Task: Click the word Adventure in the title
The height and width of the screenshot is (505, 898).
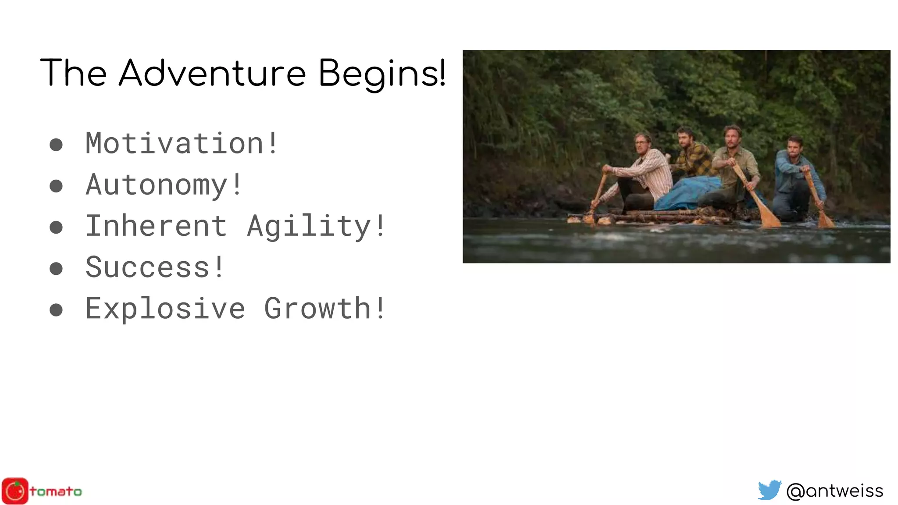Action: [212, 73]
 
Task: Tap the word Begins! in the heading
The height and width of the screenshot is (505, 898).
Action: [381, 73]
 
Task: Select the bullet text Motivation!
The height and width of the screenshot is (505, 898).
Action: [182, 143]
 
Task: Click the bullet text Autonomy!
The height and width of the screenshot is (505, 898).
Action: [164, 185]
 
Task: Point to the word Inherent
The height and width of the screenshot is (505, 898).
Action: [156, 226]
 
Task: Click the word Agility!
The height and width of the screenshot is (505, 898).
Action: [316, 226]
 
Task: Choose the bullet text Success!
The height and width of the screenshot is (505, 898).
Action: [155, 267]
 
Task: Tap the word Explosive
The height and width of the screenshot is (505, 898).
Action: [165, 308]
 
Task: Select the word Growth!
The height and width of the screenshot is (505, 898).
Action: [324, 308]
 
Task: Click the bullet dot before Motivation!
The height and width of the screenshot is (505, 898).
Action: [56, 145]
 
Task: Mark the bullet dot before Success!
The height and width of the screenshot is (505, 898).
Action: [56, 268]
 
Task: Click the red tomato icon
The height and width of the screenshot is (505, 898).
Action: [15, 491]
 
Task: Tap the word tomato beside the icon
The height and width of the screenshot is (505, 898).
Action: [56, 491]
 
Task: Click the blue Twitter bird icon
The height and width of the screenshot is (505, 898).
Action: [770, 490]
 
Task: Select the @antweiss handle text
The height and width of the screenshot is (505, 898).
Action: [834, 491]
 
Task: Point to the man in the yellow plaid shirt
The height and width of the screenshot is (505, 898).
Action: [694, 158]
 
